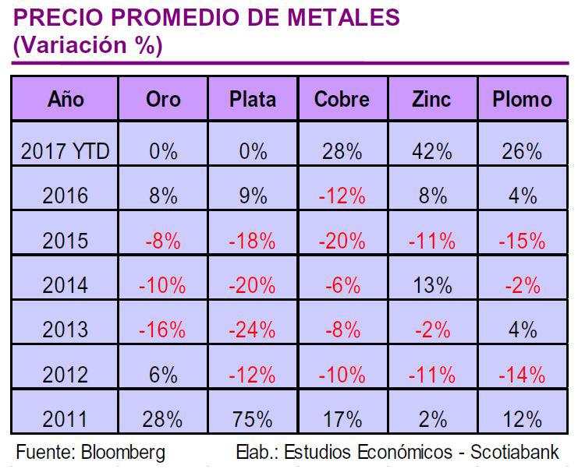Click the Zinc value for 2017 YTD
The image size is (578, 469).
[x=431, y=151]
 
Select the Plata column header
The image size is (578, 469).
[x=252, y=99]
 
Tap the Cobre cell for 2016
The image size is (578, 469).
[x=342, y=196]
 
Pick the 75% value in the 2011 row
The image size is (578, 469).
[x=252, y=419]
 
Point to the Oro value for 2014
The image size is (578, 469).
[x=163, y=285]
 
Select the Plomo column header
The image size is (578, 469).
[x=522, y=99]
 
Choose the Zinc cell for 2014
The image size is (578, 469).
[x=431, y=285]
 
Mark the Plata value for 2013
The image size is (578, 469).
[x=252, y=330]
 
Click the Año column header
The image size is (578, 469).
[x=66, y=99]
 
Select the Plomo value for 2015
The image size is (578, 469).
[x=522, y=241]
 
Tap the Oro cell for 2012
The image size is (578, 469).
[x=163, y=375]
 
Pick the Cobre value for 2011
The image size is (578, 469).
[x=342, y=419]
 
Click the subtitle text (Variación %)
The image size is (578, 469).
[x=87, y=45]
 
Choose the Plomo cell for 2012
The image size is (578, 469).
[x=522, y=375]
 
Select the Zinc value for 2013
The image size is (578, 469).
[x=431, y=330]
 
